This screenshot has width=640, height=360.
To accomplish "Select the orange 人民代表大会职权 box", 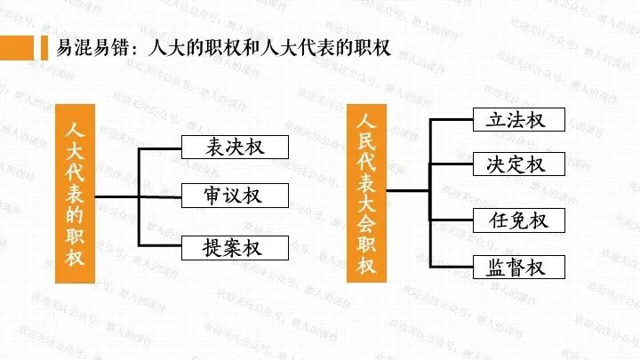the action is coord(368,194).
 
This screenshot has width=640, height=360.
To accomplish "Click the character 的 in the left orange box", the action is coord(75,215).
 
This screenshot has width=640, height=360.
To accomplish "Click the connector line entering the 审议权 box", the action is coord(160,195).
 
